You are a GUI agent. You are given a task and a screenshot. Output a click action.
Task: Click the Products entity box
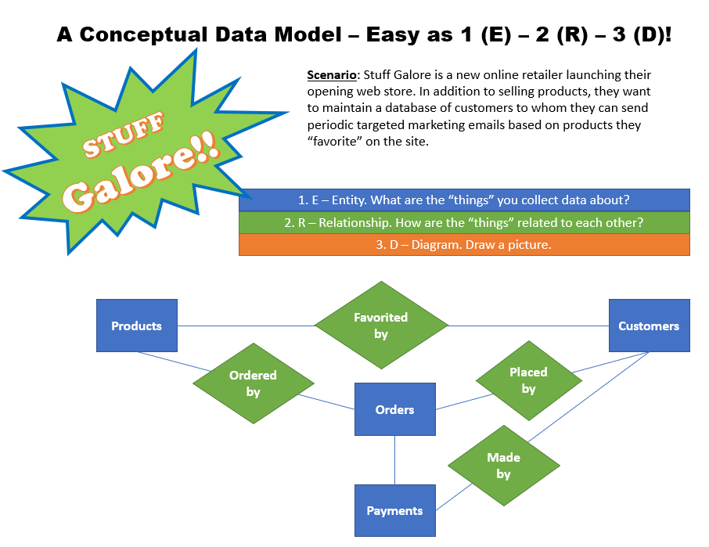point(136,326)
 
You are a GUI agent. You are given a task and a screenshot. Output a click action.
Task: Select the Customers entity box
point(649,326)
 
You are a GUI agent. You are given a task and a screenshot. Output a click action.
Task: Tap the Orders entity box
point(394,409)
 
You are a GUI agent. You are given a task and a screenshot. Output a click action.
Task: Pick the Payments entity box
point(394,510)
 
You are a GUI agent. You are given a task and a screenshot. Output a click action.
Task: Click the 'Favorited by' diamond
point(381,326)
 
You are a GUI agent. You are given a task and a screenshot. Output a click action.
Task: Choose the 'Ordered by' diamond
point(253,383)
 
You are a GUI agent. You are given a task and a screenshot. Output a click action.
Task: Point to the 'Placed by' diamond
point(528,380)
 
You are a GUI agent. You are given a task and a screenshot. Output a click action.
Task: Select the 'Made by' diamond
point(503,466)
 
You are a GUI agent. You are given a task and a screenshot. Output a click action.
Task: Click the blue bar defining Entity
point(464,200)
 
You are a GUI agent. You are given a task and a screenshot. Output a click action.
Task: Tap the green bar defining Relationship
point(464,222)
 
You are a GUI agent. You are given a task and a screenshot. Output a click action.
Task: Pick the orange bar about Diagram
point(464,244)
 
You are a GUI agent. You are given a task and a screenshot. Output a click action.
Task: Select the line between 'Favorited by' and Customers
point(528,326)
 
